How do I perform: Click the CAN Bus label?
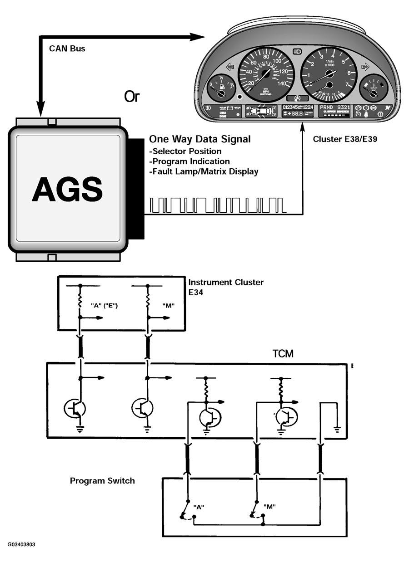click(67, 48)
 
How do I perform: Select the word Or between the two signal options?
click(132, 97)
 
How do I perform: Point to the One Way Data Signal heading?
click(200, 139)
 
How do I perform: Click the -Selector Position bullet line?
click(185, 151)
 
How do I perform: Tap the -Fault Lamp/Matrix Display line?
click(204, 171)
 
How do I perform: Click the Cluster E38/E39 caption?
click(345, 139)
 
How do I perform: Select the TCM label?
click(282, 353)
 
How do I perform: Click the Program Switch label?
click(102, 481)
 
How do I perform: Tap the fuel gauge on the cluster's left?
click(221, 88)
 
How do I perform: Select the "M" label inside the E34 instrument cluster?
click(169, 305)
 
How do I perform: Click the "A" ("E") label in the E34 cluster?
click(105, 305)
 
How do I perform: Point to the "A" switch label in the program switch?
click(199, 507)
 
